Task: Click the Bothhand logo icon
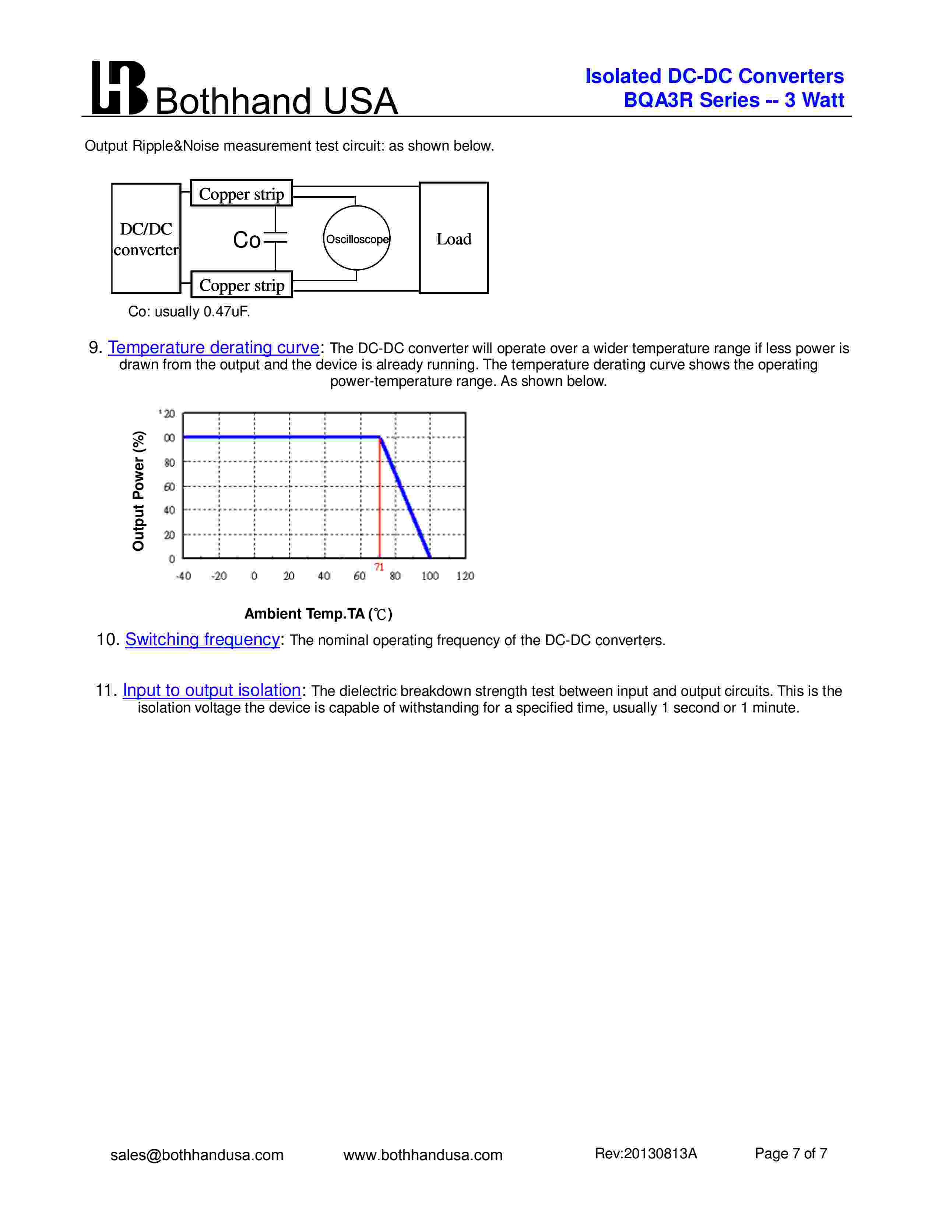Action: [x=119, y=88]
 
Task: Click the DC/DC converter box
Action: [x=146, y=239]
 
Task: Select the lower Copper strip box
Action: [x=242, y=285]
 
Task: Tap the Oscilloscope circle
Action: [x=356, y=239]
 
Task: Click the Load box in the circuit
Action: [x=453, y=239]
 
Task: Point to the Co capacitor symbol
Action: [x=275, y=238]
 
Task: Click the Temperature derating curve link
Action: [x=214, y=347]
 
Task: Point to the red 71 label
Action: [x=379, y=567]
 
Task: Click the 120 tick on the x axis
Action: [x=465, y=576]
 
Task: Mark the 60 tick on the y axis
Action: [x=169, y=487]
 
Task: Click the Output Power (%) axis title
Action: [x=138, y=491]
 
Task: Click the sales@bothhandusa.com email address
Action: [x=197, y=1155]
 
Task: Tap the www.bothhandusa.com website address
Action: [x=423, y=1155]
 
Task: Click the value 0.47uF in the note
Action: [x=226, y=311]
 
